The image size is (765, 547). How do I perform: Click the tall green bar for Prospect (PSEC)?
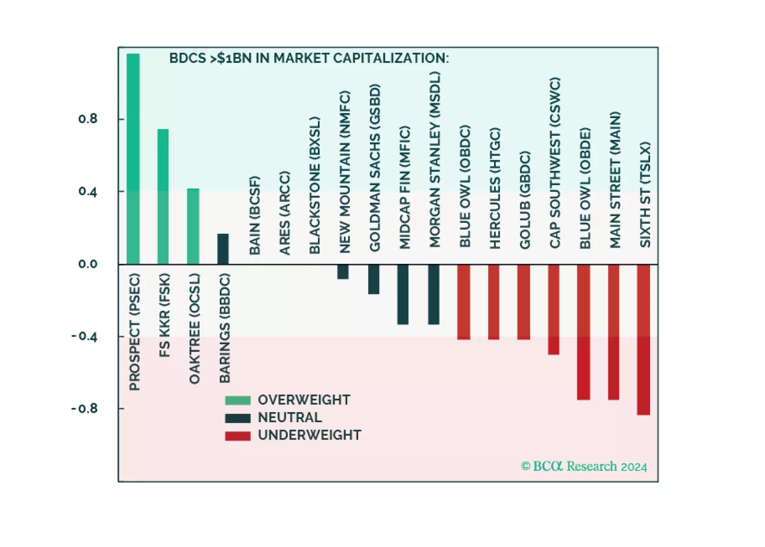[x=133, y=158]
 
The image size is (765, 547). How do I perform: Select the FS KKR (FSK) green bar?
[x=163, y=196]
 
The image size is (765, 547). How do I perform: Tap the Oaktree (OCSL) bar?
[x=193, y=226]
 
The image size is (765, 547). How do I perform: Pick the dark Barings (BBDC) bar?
[x=223, y=249]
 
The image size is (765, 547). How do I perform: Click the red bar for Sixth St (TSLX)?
[x=643, y=339]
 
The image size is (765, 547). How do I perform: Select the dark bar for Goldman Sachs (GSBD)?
[x=373, y=279]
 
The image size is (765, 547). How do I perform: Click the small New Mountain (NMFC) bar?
[x=343, y=272]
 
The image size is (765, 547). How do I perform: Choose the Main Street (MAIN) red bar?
[x=613, y=332]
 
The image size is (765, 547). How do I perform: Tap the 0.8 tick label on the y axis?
[x=88, y=119]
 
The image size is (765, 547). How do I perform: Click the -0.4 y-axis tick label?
[x=84, y=337]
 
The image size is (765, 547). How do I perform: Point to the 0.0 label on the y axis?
[x=88, y=264]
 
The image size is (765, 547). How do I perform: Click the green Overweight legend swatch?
[x=237, y=400]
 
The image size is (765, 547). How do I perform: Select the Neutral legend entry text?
[x=290, y=417]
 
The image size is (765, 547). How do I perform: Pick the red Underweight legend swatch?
[x=237, y=436]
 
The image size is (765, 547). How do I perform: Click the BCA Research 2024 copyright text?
[x=584, y=466]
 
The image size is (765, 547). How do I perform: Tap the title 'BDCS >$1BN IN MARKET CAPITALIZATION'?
[x=309, y=58]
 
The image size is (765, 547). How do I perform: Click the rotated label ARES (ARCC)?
[x=285, y=213]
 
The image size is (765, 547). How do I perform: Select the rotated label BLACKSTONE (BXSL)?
[x=315, y=186]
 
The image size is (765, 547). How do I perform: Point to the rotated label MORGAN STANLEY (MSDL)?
[x=434, y=159]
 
